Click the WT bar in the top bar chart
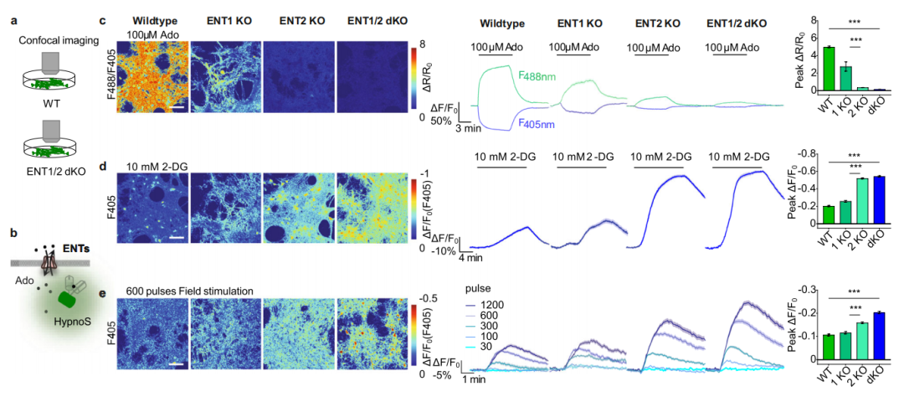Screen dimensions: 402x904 click(829, 69)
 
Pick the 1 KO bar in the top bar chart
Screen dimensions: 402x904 click(845, 78)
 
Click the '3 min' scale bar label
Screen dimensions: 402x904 click(469, 130)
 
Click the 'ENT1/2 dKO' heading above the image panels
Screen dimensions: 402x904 click(371, 19)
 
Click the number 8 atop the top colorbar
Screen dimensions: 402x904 click(424, 43)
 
